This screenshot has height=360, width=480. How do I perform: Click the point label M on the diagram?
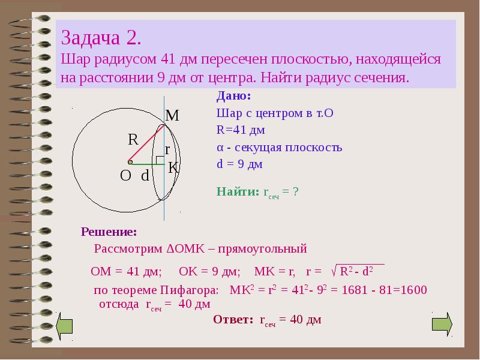[172, 116]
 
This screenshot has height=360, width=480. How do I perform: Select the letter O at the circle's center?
[125, 176]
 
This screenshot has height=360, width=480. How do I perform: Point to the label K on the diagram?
[173, 169]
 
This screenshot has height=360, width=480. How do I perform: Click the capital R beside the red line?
[133, 140]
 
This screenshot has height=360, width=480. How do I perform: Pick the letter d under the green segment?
[145, 176]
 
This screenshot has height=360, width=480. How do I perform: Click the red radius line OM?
[147, 144]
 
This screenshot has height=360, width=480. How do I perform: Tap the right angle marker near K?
[160, 160]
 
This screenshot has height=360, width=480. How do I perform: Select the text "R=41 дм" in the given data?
[240, 130]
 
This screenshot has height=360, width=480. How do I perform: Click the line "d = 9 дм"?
[239, 164]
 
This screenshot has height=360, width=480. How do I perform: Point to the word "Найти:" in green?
[237, 192]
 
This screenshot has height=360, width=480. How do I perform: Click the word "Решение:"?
[109, 232]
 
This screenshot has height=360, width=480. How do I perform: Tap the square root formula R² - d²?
[358, 271]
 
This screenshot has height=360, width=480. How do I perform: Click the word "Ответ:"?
[233, 320]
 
